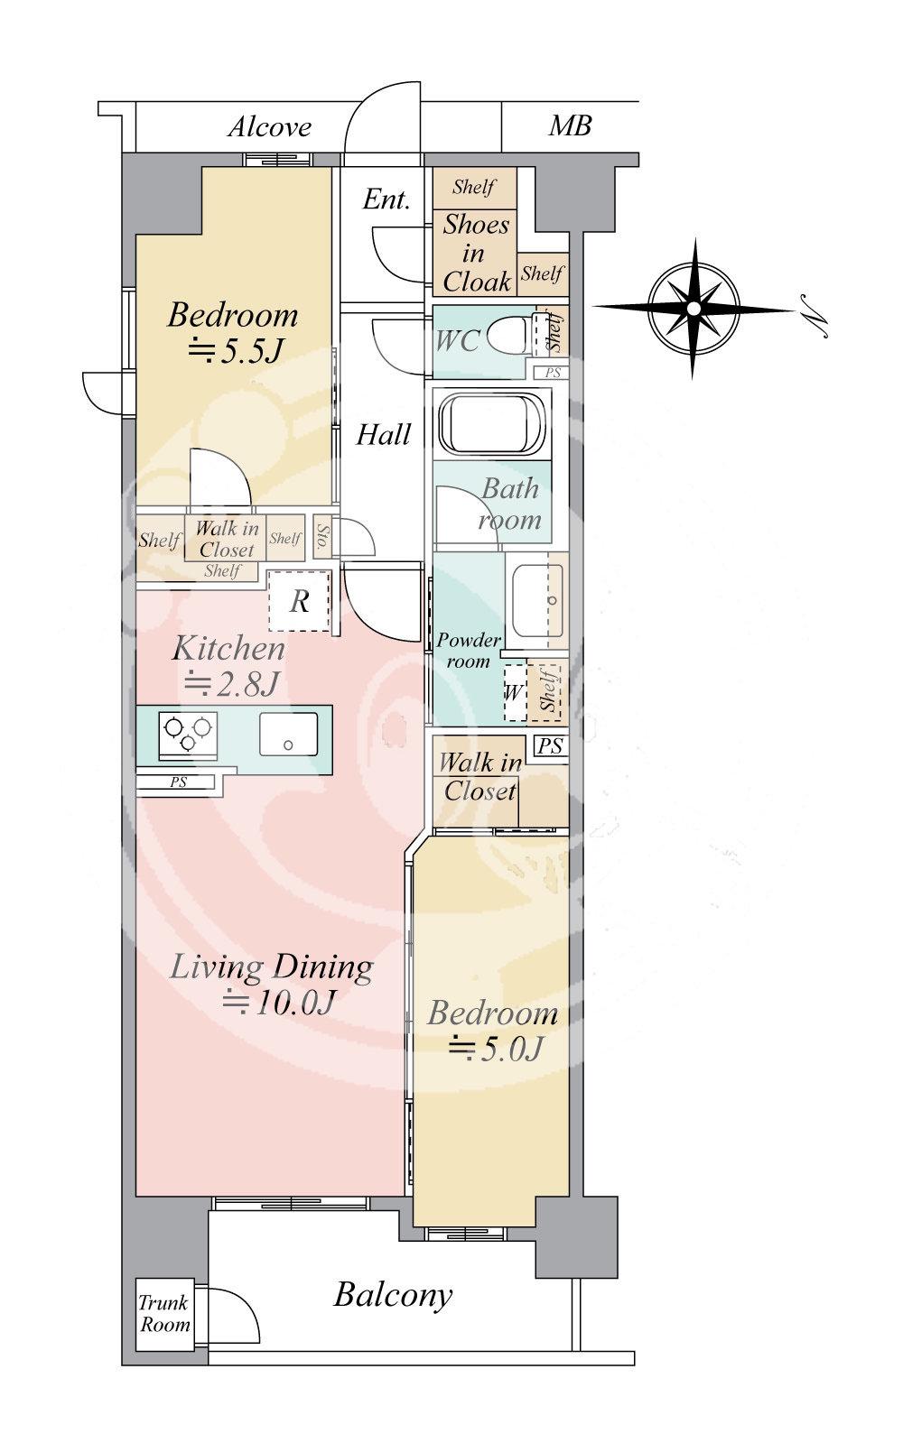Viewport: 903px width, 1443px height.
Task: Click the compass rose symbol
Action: point(694,309)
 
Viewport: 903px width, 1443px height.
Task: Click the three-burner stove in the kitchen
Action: point(188,735)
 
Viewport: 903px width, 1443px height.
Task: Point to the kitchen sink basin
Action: point(288,734)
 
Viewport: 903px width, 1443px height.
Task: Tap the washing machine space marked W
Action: point(515,692)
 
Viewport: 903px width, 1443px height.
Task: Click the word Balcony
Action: point(393,1295)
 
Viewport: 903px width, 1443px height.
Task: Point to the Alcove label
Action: point(269,127)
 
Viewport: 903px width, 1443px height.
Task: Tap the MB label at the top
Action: point(570,125)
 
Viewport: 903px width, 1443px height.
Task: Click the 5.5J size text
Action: point(236,351)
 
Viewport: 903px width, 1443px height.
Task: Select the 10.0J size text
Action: point(278,1002)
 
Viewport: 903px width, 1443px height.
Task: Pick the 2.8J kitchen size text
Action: point(231,683)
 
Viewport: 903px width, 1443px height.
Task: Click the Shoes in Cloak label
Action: point(476,253)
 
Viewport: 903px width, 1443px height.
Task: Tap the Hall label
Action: point(384,435)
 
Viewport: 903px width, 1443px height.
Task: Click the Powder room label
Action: point(469,651)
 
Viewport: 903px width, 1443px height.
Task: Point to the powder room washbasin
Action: point(537,600)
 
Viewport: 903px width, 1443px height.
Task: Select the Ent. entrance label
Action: point(386,199)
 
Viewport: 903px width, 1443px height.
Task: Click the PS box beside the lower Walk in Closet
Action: point(550,746)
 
